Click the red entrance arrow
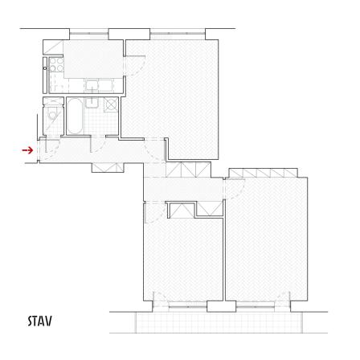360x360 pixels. click(x=27, y=150)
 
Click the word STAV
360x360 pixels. click(x=40, y=321)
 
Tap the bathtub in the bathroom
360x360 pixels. click(x=75, y=116)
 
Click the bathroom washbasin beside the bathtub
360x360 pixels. click(x=92, y=103)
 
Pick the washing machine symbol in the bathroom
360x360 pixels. click(x=111, y=104)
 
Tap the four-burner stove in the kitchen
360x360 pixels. click(x=56, y=65)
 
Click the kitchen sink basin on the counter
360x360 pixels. click(x=92, y=85)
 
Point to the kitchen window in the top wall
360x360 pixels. click(x=89, y=33)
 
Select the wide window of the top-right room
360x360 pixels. click(x=178, y=33)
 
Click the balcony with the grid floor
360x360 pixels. click(x=219, y=322)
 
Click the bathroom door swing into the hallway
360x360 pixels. click(x=98, y=145)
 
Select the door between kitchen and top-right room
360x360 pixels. click(x=134, y=66)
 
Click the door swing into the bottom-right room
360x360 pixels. click(x=235, y=189)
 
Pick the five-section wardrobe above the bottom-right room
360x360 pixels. click(x=264, y=173)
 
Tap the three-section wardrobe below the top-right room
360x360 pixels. click(x=188, y=170)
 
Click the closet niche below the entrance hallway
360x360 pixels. click(x=108, y=167)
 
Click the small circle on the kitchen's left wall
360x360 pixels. click(x=45, y=68)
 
